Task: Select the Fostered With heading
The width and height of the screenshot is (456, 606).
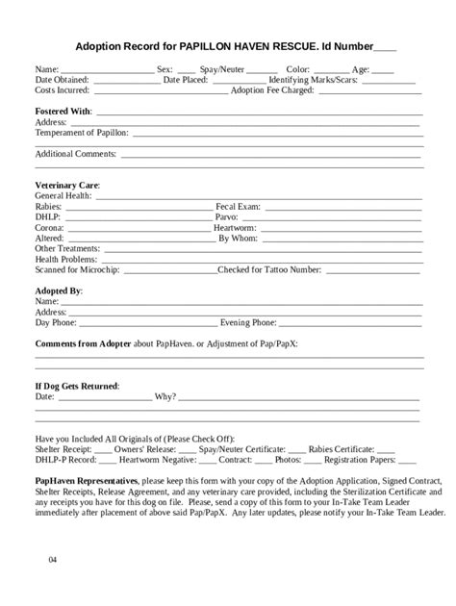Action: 63,112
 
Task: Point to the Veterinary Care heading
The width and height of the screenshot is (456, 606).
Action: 67,184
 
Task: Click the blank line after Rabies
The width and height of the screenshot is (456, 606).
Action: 135,206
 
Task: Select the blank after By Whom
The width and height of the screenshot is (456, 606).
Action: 342,238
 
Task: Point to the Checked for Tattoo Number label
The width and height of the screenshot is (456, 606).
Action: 271,269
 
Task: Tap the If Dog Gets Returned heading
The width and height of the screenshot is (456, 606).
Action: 77,385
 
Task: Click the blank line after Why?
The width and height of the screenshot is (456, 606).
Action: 298,396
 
